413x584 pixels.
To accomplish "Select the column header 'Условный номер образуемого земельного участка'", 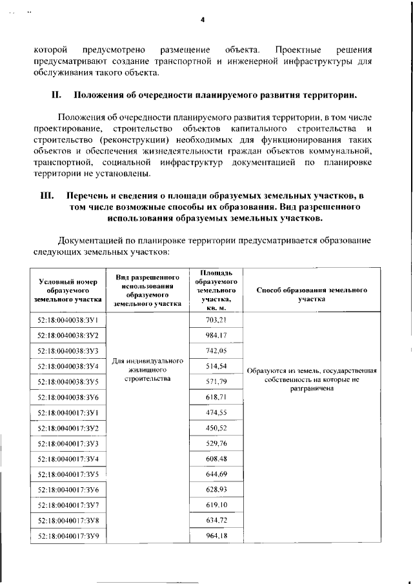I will click(68, 290).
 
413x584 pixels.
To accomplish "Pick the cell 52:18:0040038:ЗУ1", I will click(68, 320).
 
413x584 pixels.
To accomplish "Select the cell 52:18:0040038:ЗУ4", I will click(68, 367).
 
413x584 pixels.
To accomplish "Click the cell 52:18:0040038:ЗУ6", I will click(68, 397).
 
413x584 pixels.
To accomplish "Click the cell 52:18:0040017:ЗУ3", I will click(68, 443).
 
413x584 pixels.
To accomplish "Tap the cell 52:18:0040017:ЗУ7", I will click(68, 505).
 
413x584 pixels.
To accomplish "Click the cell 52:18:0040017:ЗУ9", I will click(68, 536).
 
